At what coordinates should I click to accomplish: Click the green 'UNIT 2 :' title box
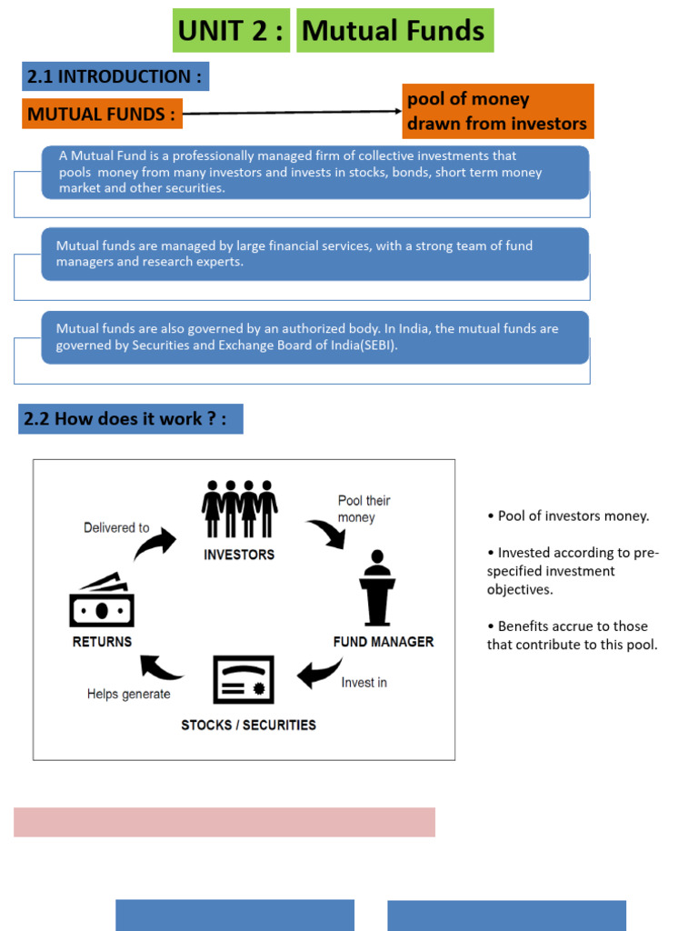point(231,31)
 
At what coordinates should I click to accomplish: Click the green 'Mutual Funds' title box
point(394,31)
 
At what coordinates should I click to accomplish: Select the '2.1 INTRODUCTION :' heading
point(115,76)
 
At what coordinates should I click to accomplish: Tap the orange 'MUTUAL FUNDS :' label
point(102,115)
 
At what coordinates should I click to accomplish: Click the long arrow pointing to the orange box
point(291,113)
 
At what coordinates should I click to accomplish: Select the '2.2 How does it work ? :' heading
point(130,419)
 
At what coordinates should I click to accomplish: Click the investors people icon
point(240,509)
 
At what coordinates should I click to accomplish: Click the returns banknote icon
point(102,601)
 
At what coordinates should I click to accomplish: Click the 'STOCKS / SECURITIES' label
point(248,725)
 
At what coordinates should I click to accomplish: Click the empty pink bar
point(224,822)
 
